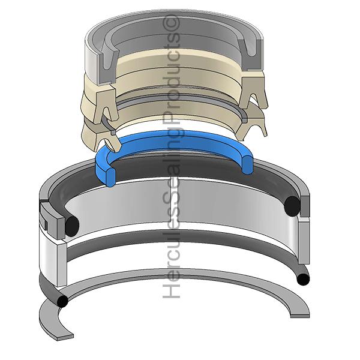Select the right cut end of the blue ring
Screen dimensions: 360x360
(248, 164)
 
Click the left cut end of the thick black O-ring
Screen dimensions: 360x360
(72, 226)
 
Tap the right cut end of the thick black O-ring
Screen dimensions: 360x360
(292, 206)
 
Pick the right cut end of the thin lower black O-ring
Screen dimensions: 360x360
(303, 279)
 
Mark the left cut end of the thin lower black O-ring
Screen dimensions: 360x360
(62, 301)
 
